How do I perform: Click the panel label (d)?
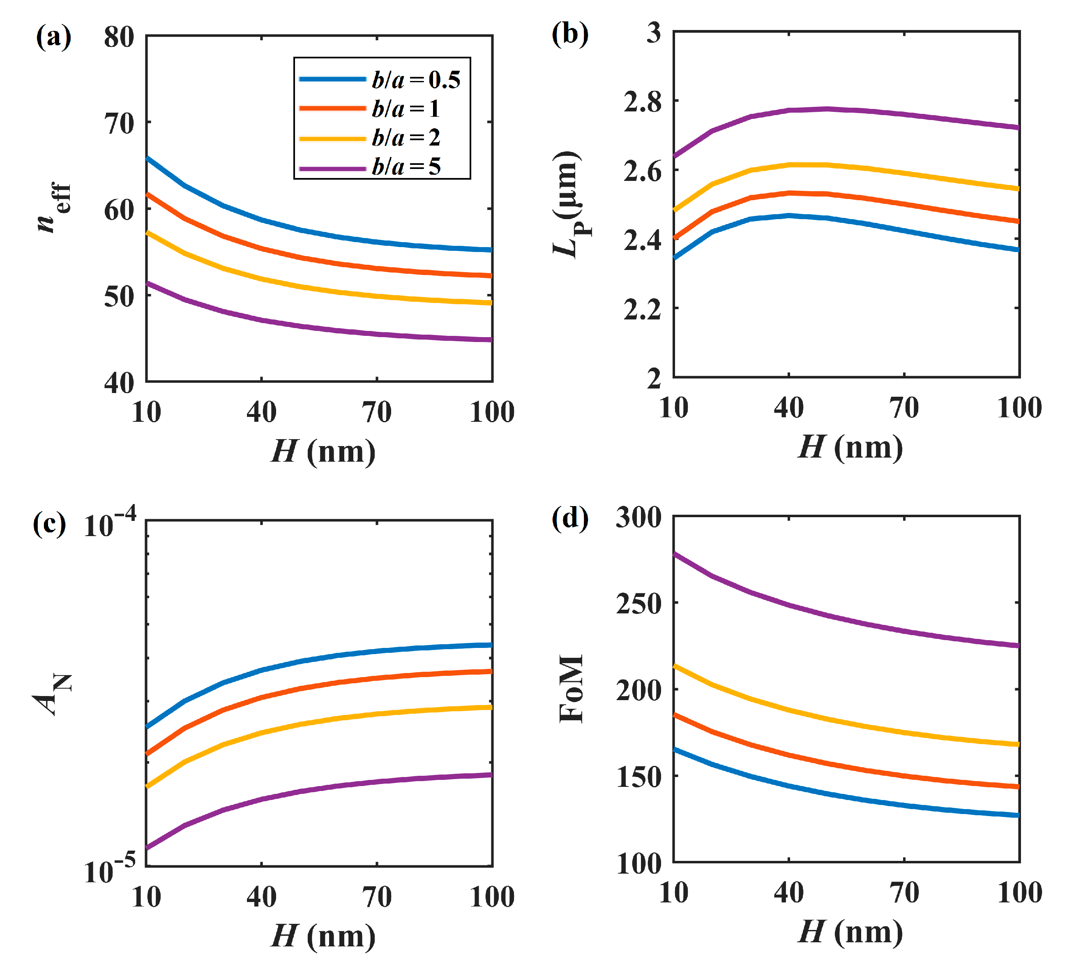point(570,518)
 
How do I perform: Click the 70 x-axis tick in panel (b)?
point(904,408)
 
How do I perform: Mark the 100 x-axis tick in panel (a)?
point(492,412)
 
